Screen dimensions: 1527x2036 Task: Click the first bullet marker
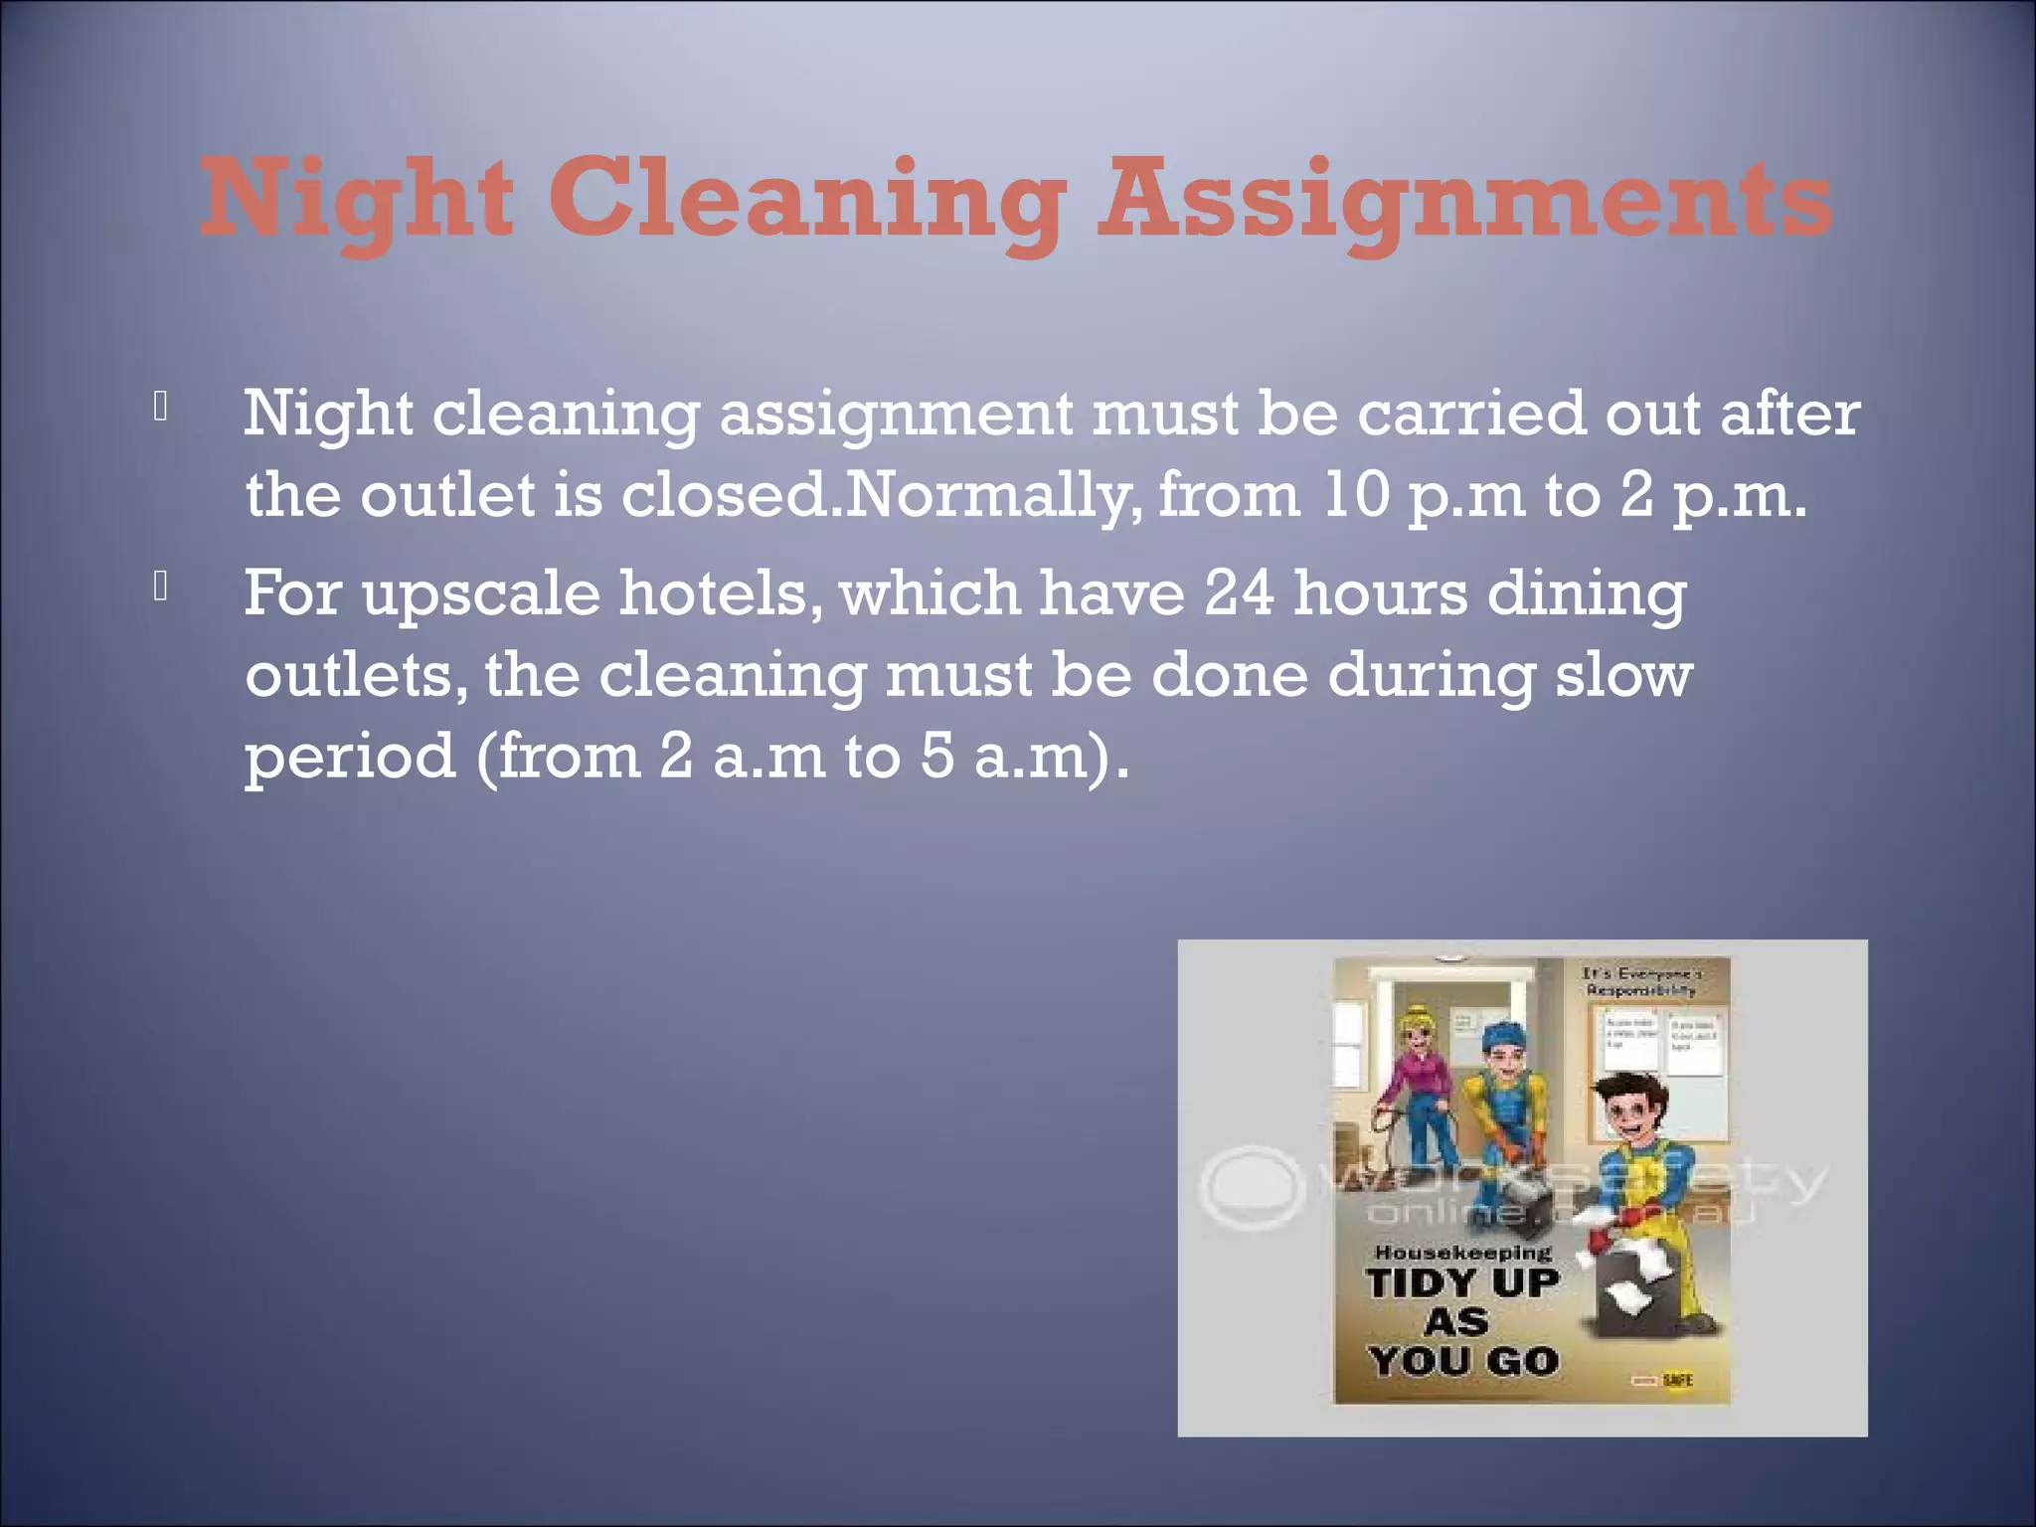click(x=161, y=408)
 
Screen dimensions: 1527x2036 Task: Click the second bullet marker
click(x=161, y=588)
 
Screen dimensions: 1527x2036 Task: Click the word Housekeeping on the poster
click(x=1462, y=1253)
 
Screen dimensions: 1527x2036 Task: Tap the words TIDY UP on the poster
click(x=1462, y=1282)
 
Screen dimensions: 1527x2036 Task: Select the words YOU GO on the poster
click(x=1462, y=1361)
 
